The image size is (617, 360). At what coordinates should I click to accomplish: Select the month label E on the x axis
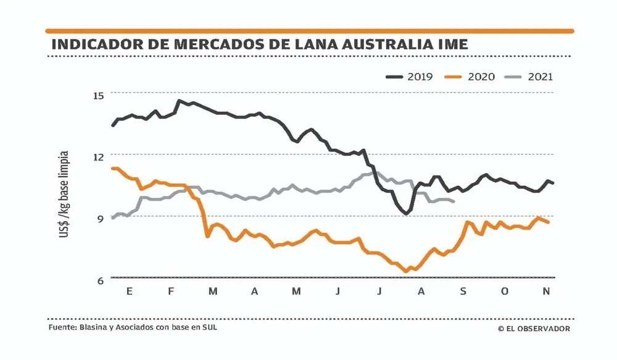click(129, 291)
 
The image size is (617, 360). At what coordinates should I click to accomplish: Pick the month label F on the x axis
click(171, 291)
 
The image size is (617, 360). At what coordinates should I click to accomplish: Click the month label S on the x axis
click(463, 291)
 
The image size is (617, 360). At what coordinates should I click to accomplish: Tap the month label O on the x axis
click(505, 291)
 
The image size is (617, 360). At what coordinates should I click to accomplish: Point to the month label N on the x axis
click(546, 291)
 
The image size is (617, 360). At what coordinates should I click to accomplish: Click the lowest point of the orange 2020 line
click(406, 271)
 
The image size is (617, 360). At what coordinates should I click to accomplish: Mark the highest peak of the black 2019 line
click(179, 100)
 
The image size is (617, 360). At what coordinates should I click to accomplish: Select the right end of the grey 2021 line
click(454, 201)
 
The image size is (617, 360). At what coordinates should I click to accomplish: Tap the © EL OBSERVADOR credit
click(534, 329)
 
